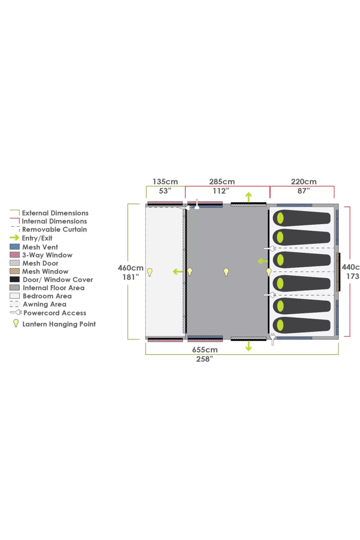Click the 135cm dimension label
165,182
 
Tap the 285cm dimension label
222,182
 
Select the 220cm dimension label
304,182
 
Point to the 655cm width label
205,350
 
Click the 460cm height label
131,268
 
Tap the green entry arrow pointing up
249,197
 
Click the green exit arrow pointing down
249,346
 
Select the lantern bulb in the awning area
150,272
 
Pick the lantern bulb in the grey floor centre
226,272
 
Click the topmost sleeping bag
302,218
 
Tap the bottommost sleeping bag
302,325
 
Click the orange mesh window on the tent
338,272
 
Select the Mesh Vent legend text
40,247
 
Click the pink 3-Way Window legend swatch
15,255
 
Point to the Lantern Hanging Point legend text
59,324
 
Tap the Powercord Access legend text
55,313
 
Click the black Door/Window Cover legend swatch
15,279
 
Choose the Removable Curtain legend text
55,230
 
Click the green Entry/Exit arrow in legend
14,238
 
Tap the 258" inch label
205,359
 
